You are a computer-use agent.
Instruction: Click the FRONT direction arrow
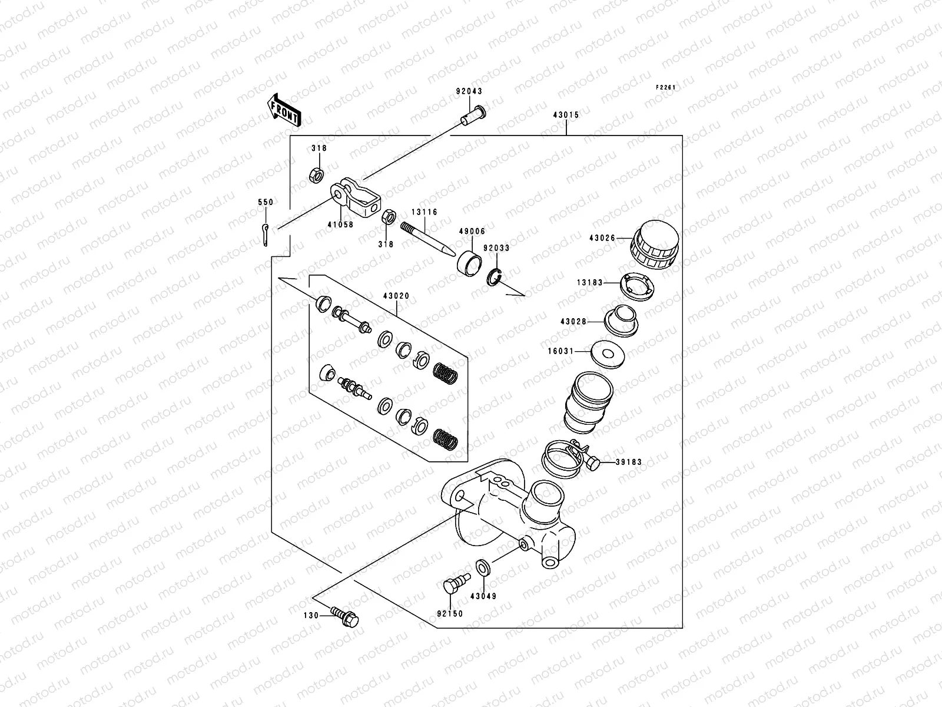[285, 110]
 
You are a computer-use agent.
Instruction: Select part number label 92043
[469, 92]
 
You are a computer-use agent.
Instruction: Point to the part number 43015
[566, 115]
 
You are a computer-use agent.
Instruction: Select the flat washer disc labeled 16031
[607, 352]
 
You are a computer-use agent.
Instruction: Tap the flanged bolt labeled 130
[345, 615]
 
